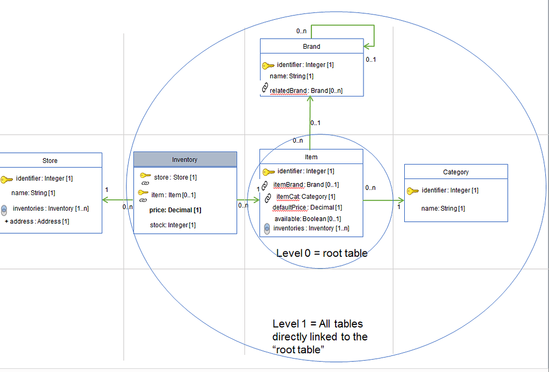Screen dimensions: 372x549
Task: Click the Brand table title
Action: coord(311,47)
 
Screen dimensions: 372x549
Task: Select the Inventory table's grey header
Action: coord(184,159)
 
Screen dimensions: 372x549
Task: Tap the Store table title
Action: coord(50,160)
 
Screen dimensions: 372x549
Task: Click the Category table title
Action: coord(456,172)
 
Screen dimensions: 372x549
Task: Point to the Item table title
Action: coord(311,157)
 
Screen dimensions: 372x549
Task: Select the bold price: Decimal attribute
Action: coord(175,210)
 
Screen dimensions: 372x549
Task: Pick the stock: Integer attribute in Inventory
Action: coord(173,225)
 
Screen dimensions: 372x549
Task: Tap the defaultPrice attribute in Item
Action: coord(307,207)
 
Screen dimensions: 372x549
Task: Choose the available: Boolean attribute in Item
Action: coord(307,219)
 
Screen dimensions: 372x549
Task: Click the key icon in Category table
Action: coord(412,190)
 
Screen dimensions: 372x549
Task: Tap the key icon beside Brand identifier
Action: coord(268,65)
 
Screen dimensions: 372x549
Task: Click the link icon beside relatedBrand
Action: coord(264,88)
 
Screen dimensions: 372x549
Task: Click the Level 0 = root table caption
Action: coord(322,253)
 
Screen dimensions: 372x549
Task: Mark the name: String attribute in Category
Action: coord(442,208)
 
